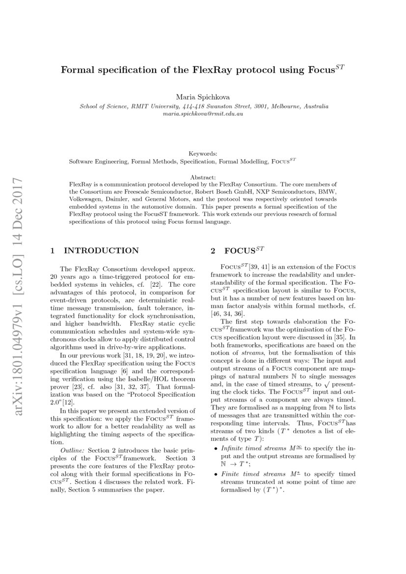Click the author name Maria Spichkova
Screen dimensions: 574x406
[203, 97]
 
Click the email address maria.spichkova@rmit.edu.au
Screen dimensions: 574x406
[203, 113]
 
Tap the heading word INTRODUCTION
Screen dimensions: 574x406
[101, 251]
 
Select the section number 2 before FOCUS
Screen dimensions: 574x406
[213, 251]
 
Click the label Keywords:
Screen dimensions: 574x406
[203, 154]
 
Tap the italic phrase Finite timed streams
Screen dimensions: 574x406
[246, 460]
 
